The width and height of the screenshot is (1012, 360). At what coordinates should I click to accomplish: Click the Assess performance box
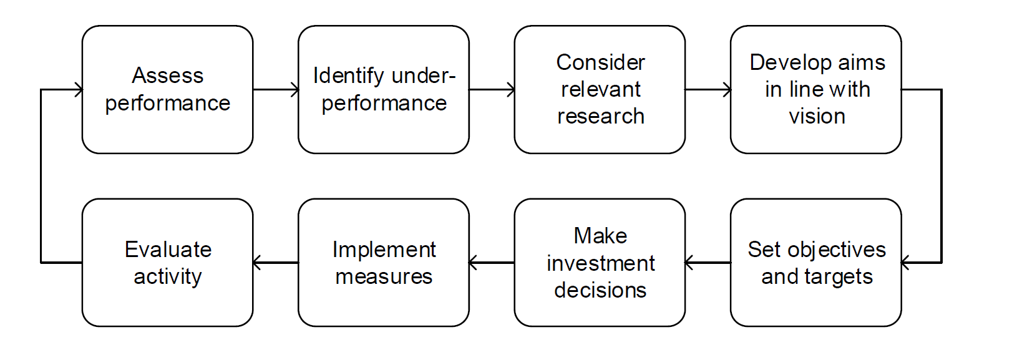167,90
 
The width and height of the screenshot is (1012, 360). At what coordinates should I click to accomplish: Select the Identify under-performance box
383,90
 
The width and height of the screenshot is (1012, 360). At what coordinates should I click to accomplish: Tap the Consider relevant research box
600,90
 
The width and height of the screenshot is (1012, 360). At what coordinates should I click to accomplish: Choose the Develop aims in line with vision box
815,90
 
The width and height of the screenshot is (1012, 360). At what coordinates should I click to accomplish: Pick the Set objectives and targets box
815,263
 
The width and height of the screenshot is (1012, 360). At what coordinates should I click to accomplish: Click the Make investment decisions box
600,263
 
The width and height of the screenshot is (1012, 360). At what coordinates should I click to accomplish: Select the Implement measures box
383,263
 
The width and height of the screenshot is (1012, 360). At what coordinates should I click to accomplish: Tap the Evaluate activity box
167,263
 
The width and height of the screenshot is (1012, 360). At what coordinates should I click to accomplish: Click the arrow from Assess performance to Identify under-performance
276,90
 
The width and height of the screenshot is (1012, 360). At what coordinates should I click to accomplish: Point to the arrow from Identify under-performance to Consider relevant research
492,90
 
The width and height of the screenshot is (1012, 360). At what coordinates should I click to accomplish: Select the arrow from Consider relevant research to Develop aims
708,90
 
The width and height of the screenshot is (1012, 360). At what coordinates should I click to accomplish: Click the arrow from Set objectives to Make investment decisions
708,263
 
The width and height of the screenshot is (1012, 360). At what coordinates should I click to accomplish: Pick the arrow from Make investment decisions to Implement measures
492,263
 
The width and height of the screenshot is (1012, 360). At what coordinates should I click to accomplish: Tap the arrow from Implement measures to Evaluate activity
276,263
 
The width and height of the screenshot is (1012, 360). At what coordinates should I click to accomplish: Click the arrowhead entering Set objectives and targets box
906,263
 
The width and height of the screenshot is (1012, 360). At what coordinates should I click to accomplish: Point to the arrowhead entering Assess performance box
79,90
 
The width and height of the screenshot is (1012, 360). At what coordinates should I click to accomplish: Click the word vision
817,117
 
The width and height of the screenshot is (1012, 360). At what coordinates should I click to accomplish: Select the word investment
600,263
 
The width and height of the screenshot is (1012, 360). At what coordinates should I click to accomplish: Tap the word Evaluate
168,250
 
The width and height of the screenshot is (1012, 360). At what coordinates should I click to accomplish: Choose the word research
600,117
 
